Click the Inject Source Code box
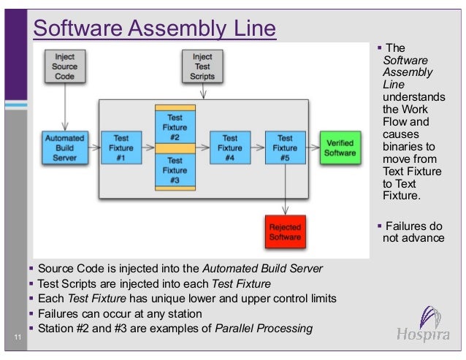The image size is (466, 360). click(x=65, y=66)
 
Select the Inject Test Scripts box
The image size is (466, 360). click(x=202, y=66)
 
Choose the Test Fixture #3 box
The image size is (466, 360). click(x=175, y=169)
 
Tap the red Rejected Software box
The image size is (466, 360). click(x=285, y=231)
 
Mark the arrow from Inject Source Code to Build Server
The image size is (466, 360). click(x=65, y=105)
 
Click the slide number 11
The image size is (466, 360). click(x=16, y=337)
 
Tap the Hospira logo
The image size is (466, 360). click(x=427, y=326)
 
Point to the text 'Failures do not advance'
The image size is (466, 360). click(x=413, y=231)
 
